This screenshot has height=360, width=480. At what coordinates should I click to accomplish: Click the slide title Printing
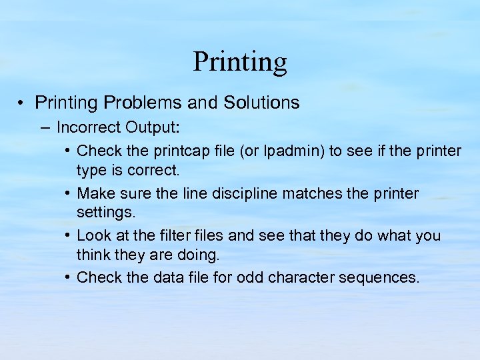pos(240,62)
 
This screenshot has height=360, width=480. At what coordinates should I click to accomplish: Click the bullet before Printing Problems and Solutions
pos(23,103)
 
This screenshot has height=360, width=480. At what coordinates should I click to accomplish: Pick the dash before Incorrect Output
pos(46,127)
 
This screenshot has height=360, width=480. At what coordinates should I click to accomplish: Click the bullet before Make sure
pos(69,193)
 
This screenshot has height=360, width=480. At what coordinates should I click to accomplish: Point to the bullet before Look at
pos(69,235)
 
